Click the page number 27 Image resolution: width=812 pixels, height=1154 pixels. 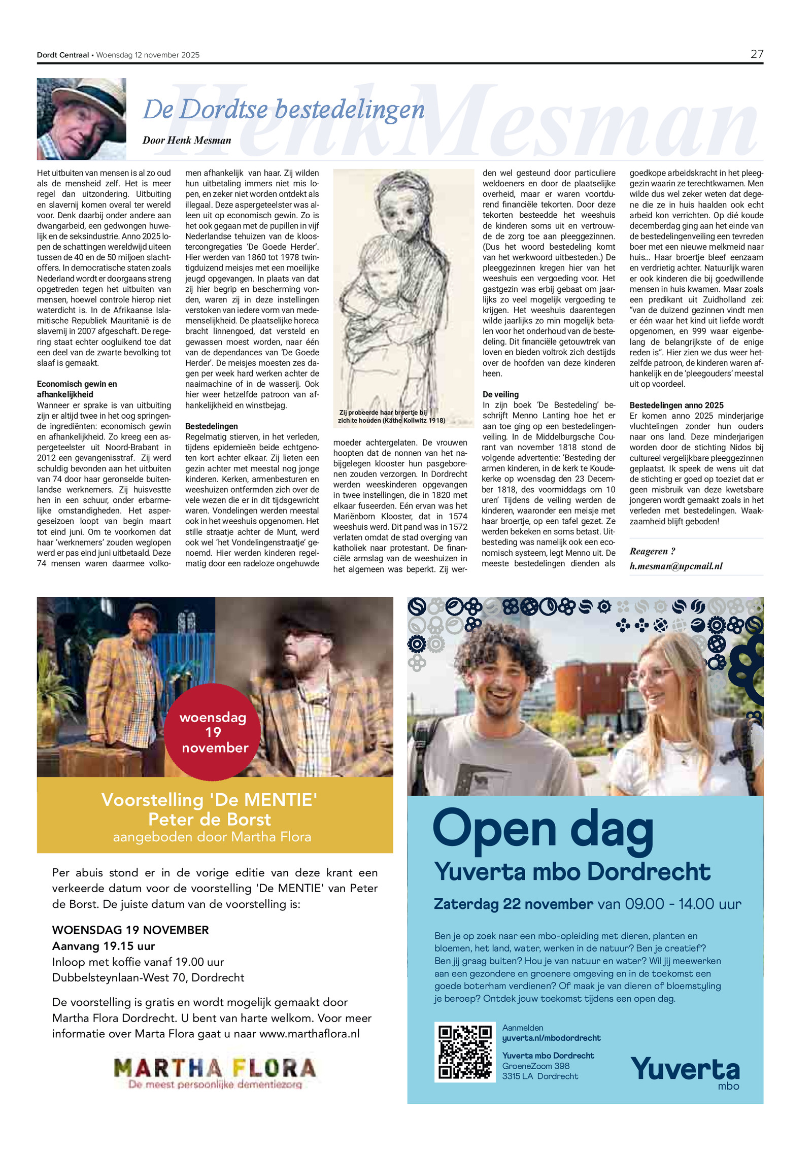tap(756, 54)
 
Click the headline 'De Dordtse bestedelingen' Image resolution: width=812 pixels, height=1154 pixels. tap(283, 110)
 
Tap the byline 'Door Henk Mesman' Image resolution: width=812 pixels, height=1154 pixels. tap(187, 141)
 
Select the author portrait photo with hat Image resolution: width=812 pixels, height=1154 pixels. tap(81, 119)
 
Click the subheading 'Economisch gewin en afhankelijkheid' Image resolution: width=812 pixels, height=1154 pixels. tap(77, 389)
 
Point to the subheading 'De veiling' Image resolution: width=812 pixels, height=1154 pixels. tap(500, 394)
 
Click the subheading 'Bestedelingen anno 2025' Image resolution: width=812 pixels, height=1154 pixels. tap(676, 405)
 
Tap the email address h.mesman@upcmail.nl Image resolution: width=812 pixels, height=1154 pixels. tap(676, 566)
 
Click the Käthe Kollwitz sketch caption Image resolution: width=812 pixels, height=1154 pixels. tap(391, 417)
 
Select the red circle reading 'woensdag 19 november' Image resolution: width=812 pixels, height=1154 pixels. tap(213, 732)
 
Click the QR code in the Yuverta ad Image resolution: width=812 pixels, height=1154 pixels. tap(465, 1052)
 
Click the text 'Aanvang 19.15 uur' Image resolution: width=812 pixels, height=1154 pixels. tap(104, 946)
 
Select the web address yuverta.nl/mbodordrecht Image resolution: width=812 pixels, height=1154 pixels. tap(551, 1038)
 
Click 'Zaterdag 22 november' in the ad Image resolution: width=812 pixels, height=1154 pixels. tap(513, 904)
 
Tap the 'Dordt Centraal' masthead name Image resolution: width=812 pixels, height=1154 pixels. tap(63, 55)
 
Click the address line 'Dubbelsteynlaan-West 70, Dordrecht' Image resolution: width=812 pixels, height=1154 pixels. tap(148, 977)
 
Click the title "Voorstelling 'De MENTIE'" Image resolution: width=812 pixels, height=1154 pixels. tap(209, 800)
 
